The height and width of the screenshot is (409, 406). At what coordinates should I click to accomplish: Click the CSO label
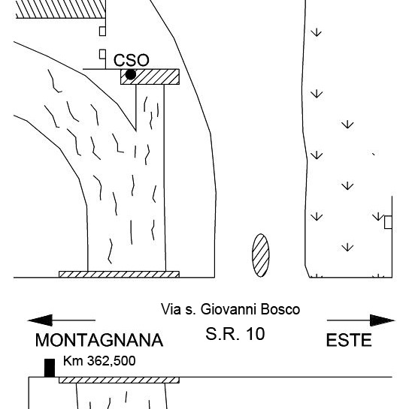click(x=131, y=60)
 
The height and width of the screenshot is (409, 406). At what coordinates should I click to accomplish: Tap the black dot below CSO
click(x=131, y=74)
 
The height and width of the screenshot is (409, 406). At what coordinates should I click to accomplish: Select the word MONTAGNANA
click(x=99, y=340)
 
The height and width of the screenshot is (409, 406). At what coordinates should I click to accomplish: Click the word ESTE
click(x=349, y=340)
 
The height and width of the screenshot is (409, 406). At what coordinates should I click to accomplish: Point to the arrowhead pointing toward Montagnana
click(x=40, y=320)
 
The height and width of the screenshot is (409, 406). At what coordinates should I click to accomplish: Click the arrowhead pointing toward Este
click(x=383, y=320)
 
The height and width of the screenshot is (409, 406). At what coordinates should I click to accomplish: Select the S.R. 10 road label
click(x=235, y=334)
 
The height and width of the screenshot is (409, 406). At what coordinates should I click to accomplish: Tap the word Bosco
click(x=280, y=309)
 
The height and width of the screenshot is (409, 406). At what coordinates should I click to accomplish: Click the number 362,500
click(x=111, y=361)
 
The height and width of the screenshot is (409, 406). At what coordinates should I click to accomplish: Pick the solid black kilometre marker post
click(x=50, y=368)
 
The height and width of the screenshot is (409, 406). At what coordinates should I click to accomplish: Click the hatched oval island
click(x=261, y=255)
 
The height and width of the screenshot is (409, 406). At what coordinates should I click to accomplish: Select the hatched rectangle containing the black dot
click(x=150, y=77)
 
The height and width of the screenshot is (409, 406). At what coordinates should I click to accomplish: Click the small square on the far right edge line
click(x=388, y=222)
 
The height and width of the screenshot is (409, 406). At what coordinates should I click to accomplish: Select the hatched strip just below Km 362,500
click(x=119, y=380)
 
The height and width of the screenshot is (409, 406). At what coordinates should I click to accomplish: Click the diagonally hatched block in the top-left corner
click(x=61, y=9)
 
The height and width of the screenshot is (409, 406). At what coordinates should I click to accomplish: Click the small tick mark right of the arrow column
click(x=374, y=154)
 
